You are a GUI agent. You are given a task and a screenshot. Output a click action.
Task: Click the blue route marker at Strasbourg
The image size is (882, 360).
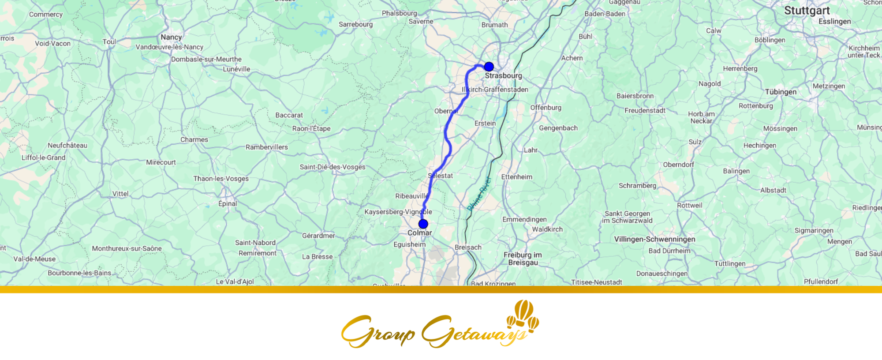tap(489, 67)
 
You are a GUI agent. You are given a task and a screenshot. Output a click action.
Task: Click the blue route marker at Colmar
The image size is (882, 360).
tap(423, 224)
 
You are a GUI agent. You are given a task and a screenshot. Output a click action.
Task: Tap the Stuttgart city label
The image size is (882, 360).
tap(807, 11)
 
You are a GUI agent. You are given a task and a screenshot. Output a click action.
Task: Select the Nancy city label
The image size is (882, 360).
tap(171, 37)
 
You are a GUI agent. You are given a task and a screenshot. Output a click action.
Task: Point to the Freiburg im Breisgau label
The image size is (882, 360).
tap(523, 259)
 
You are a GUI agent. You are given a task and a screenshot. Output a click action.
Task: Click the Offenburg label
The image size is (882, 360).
tap(546, 108)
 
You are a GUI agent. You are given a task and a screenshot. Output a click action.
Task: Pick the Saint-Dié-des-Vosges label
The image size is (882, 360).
tap(333, 167)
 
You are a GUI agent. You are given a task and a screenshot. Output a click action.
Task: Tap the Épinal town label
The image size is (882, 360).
tap(228, 203)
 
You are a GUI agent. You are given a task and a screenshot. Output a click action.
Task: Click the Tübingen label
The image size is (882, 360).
tap(781, 92)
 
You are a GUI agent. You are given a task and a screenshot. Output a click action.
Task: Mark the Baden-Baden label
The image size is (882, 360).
tap(605, 14)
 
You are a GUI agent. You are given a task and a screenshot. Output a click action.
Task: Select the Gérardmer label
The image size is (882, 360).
tap(318, 236)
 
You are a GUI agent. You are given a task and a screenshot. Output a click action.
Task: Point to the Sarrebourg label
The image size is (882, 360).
tap(355, 24)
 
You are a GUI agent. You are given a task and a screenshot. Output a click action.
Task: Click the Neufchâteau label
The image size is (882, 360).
tap(67, 145)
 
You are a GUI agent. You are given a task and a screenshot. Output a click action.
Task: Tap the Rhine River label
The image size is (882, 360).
tap(479, 193)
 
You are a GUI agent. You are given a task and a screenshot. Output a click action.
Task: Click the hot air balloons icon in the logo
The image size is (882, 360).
tap(523, 315)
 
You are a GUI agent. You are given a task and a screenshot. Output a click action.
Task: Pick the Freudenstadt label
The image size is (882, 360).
tap(645, 110)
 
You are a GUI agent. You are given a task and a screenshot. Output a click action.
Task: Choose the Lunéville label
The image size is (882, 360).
tap(236, 69)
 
